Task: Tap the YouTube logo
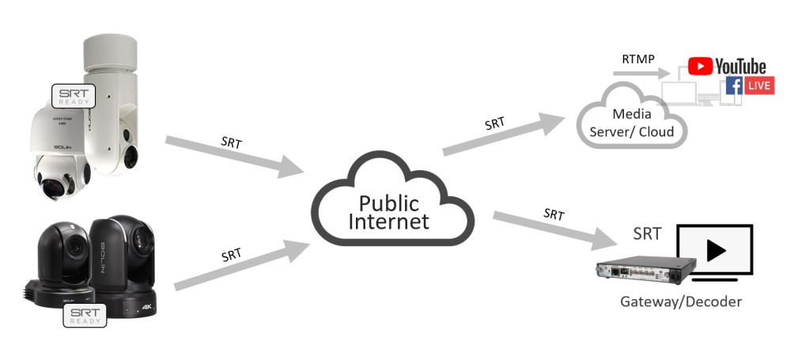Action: tap(727, 66)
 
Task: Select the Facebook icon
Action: tap(733, 85)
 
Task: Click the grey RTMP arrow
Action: tap(640, 74)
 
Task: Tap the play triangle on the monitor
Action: tap(716, 250)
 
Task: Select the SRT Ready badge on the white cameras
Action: tap(74, 96)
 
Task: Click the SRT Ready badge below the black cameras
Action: tap(84, 317)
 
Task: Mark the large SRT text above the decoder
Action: tap(648, 234)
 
